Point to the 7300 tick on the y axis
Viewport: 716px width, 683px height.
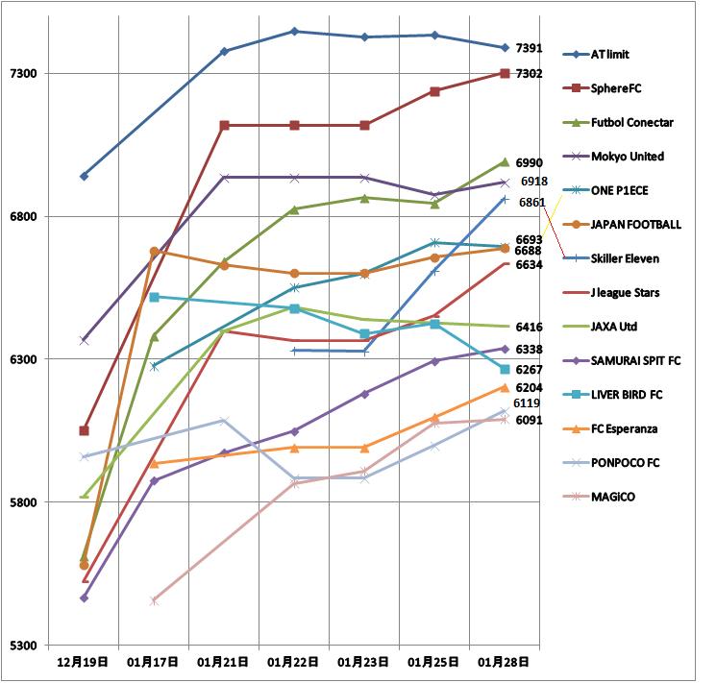click(x=23, y=73)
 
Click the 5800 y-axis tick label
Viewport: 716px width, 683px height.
click(x=23, y=502)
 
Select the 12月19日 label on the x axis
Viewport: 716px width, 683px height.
click(x=83, y=662)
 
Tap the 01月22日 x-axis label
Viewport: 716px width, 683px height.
click(x=293, y=662)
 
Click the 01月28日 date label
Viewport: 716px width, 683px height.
click(x=504, y=662)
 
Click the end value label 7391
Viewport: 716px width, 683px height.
click(x=530, y=48)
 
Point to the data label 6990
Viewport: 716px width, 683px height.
click(x=530, y=163)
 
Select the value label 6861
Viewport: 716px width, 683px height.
click(x=532, y=203)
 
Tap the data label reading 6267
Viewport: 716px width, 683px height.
click(x=530, y=369)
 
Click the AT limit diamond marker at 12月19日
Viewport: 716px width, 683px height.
click(x=84, y=176)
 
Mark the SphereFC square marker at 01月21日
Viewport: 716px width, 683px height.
click(x=224, y=126)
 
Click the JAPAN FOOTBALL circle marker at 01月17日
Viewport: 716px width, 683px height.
click(x=155, y=252)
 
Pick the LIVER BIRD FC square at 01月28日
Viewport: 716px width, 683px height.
click(x=505, y=369)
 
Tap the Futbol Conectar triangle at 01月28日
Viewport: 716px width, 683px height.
click(x=505, y=162)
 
